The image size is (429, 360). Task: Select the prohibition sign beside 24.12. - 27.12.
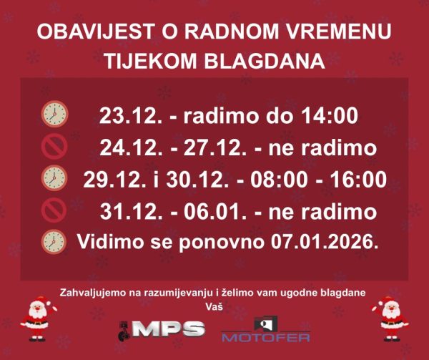pyautogui.click(x=54, y=146)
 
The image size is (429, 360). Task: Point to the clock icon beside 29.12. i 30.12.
pyautogui.click(x=54, y=177)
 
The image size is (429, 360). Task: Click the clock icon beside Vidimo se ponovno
pyautogui.click(x=54, y=241)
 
